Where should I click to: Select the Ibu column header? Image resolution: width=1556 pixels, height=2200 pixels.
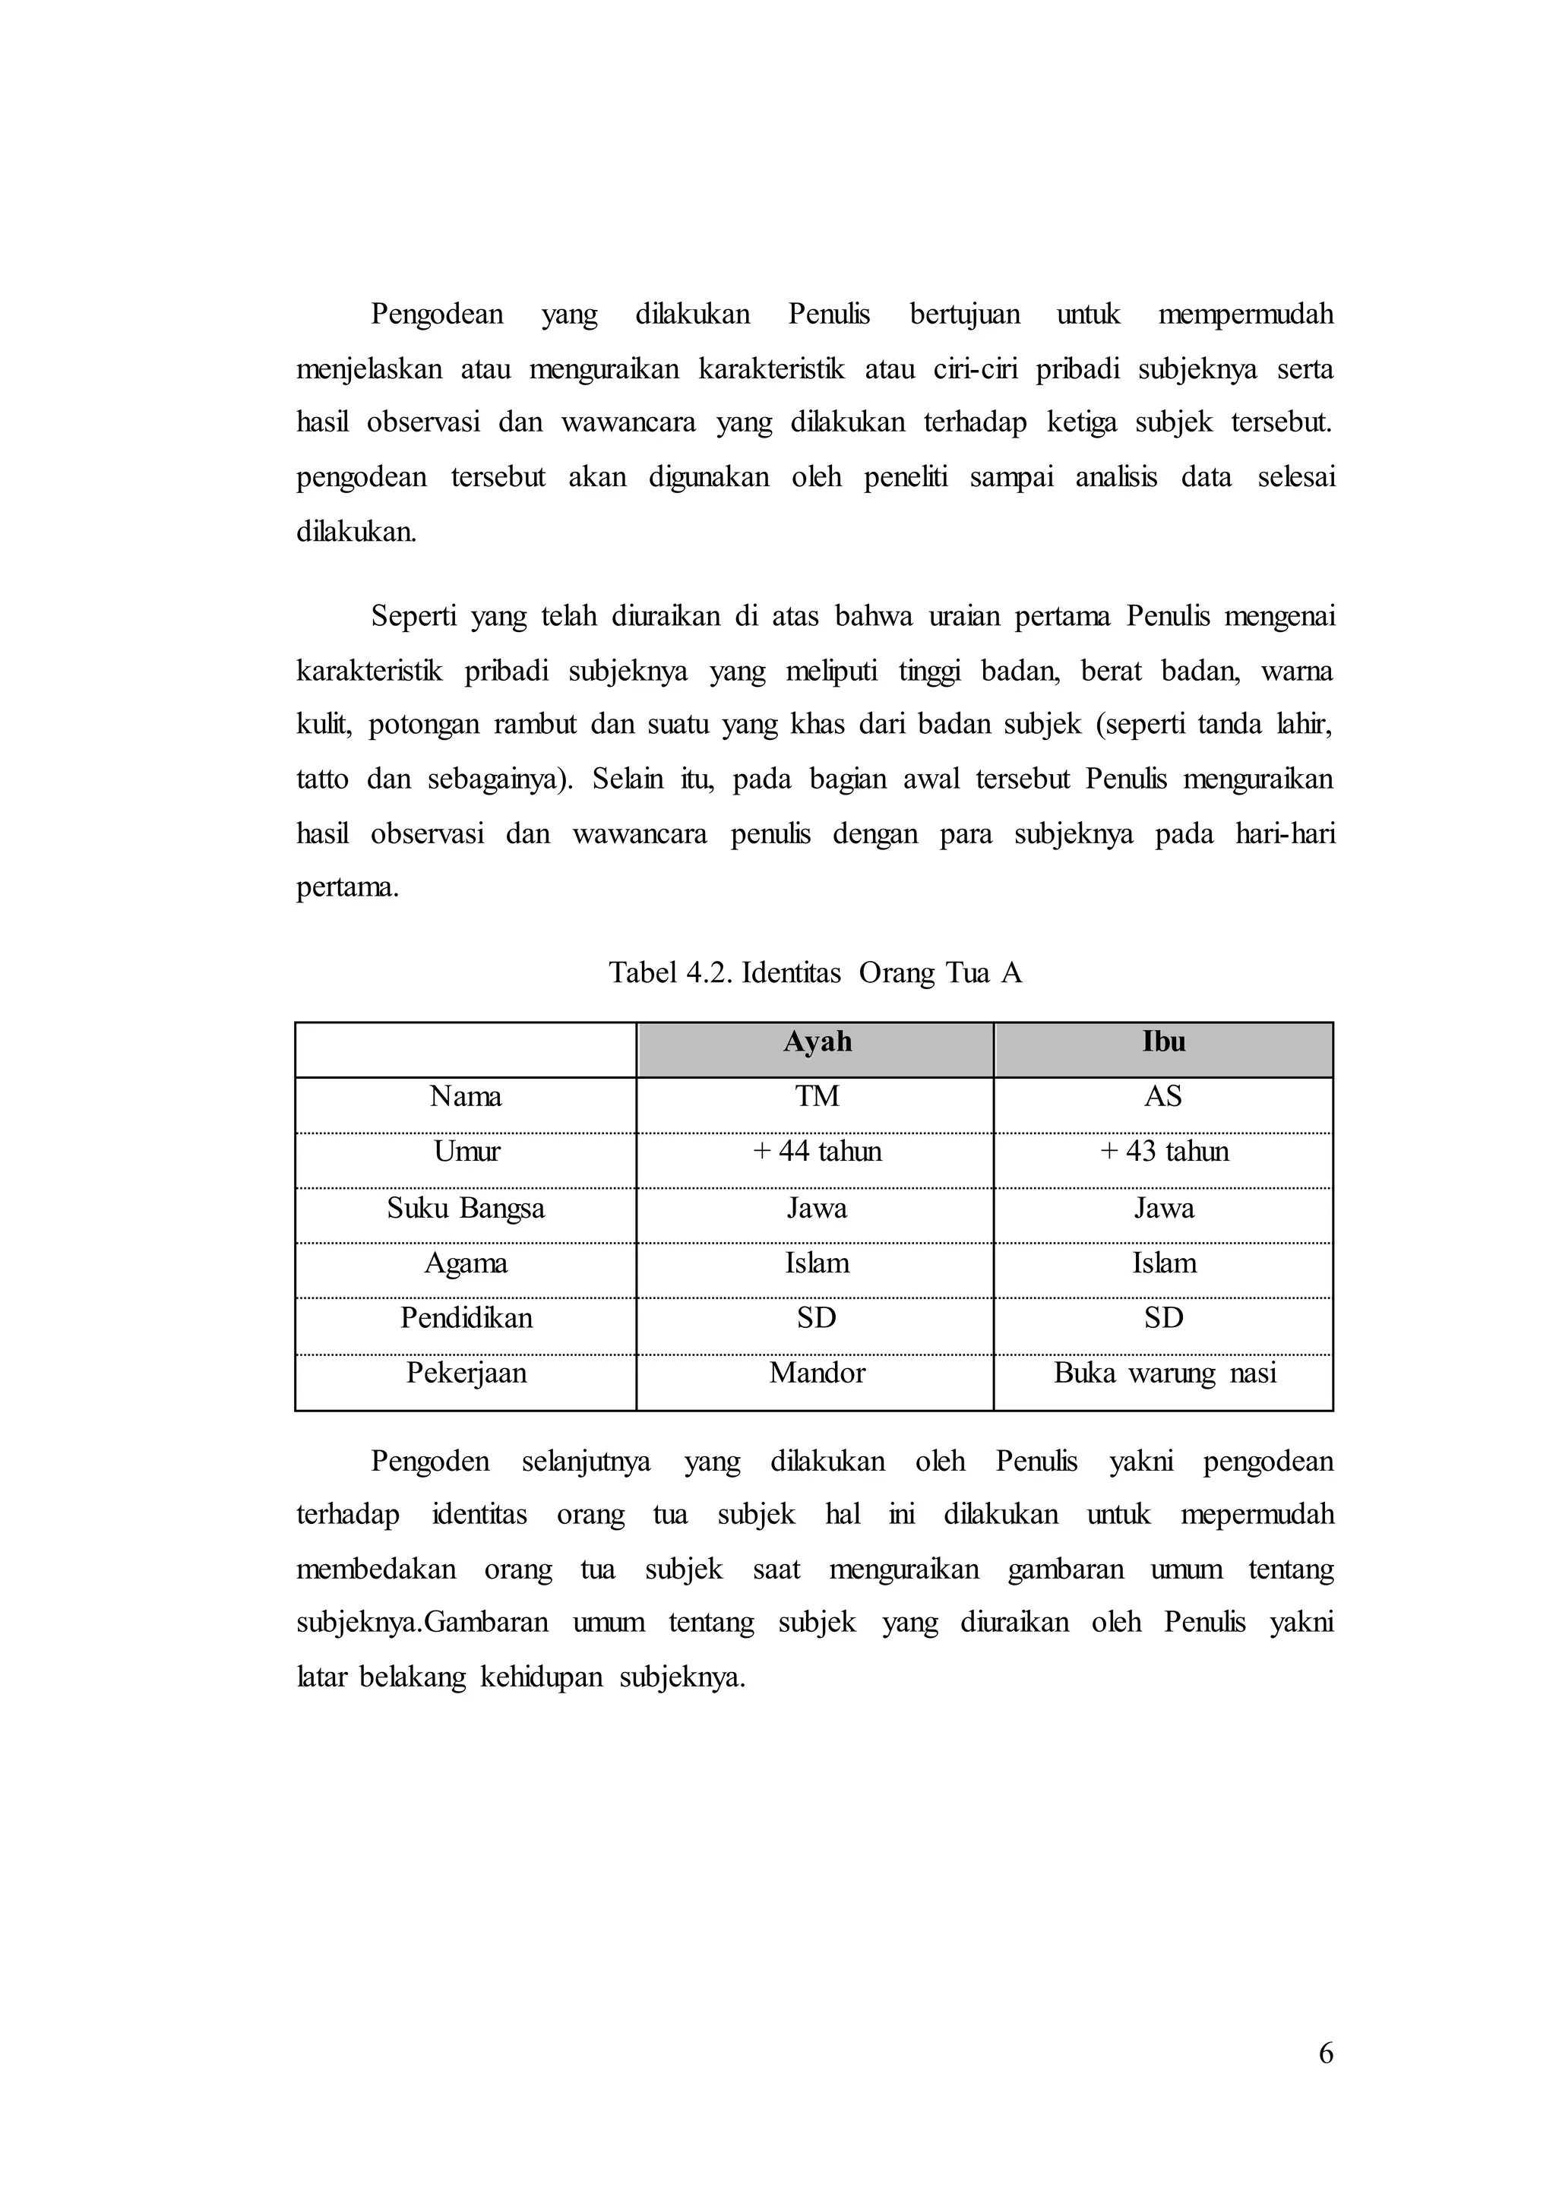(1163, 1042)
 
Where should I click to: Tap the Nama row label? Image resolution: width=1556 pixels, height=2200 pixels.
(466, 1096)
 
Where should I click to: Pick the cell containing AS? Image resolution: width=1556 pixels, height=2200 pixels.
(1163, 1096)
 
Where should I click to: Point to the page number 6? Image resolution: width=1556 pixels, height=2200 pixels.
(1326, 2053)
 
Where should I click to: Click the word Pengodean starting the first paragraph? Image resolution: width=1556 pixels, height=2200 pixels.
(437, 315)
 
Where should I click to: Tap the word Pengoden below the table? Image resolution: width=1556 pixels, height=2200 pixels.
(430, 1462)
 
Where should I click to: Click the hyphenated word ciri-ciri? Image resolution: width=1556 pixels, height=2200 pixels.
(976, 369)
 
